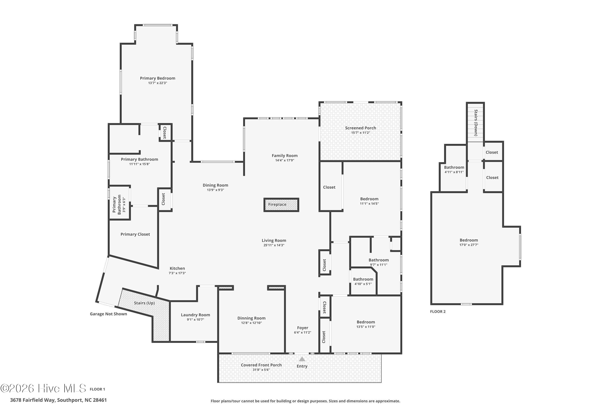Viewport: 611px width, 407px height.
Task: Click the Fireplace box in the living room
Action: [281, 205]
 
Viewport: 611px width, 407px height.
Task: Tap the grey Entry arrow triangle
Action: [302, 359]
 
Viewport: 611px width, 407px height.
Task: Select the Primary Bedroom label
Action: [157, 78]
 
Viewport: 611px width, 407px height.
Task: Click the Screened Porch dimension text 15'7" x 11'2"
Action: [360, 133]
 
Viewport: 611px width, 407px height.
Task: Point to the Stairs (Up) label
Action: [144, 303]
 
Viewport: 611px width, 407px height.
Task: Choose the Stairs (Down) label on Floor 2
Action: [476, 123]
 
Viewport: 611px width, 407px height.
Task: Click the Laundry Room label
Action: [195, 315]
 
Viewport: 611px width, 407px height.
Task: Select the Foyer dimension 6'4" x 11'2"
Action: [303, 333]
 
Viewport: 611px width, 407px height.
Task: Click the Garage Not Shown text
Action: [108, 314]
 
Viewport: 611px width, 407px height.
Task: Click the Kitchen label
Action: [177, 268]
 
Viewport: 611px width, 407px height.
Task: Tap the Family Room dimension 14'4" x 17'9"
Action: [285, 160]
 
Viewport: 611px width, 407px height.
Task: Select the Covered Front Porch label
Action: [261, 365]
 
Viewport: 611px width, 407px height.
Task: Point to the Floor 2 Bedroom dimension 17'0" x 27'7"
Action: [469, 245]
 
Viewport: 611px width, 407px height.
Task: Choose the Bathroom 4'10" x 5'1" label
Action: [363, 281]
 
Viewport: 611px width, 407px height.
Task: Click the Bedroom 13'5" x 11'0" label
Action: [366, 324]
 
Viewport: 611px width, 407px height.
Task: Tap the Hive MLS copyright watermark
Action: [43, 388]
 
